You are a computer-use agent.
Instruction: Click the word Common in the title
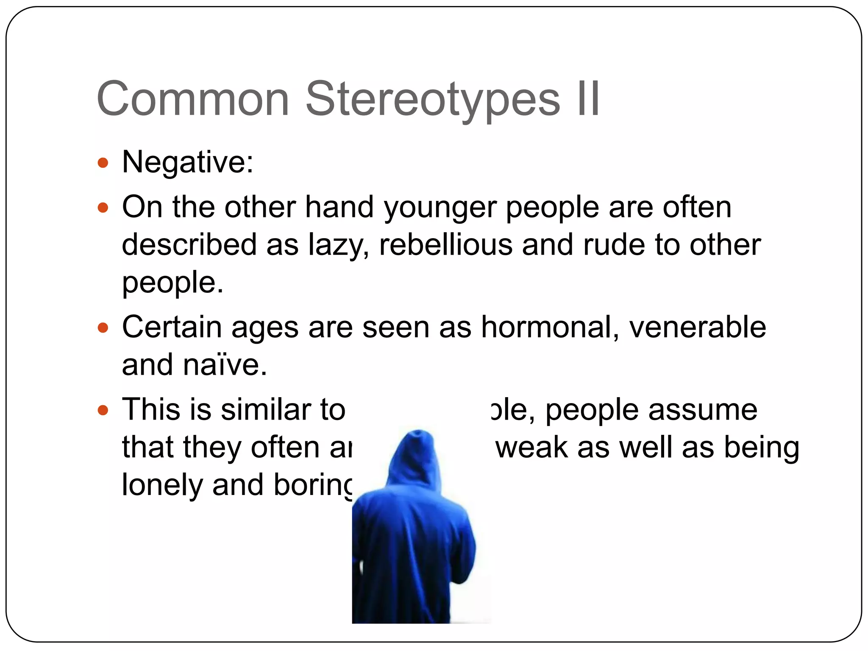point(193,100)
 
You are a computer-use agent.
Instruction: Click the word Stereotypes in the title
point(432,100)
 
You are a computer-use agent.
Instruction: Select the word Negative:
point(188,162)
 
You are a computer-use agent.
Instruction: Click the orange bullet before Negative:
point(103,163)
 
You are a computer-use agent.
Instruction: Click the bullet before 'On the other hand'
point(103,208)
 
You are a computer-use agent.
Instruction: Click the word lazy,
point(338,246)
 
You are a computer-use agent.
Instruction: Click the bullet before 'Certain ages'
point(103,328)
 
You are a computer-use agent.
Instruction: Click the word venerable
point(698,327)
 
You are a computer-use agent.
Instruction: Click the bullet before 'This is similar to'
point(103,410)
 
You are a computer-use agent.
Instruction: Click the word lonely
point(162,485)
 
